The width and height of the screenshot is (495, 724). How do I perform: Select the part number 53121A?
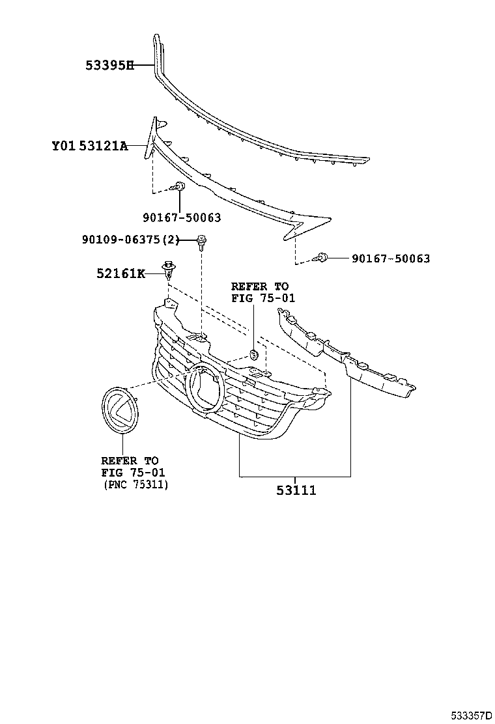pyautogui.click(x=104, y=146)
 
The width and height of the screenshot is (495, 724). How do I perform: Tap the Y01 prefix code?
pyautogui.click(x=64, y=146)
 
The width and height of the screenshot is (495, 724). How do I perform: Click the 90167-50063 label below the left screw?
pyautogui.click(x=182, y=218)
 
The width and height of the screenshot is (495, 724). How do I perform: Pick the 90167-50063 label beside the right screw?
pyautogui.click(x=391, y=258)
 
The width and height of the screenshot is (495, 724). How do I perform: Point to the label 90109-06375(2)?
pyautogui.click(x=130, y=240)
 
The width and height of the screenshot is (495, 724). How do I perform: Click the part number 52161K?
pyautogui.click(x=121, y=273)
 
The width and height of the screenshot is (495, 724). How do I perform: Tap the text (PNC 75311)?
pyautogui.click(x=135, y=484)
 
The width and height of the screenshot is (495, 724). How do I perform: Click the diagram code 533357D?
pyautogui.click(x=468, y=716)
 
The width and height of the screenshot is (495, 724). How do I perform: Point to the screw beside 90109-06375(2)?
pyautogui.click(x=202, y=242)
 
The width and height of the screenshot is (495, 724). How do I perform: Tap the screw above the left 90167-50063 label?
pyautogui.click(x=179, y=188)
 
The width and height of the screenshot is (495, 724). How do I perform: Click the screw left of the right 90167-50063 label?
pyautogui.click(x=321, y=258)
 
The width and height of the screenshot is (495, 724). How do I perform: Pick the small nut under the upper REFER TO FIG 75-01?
pyautogui.click(x=254, y=355)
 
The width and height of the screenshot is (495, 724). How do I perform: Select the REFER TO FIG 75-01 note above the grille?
pyautogui.click(x=260, y=292)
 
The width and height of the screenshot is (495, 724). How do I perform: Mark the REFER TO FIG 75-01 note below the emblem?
pyautogui.click(x=130, y=466)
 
